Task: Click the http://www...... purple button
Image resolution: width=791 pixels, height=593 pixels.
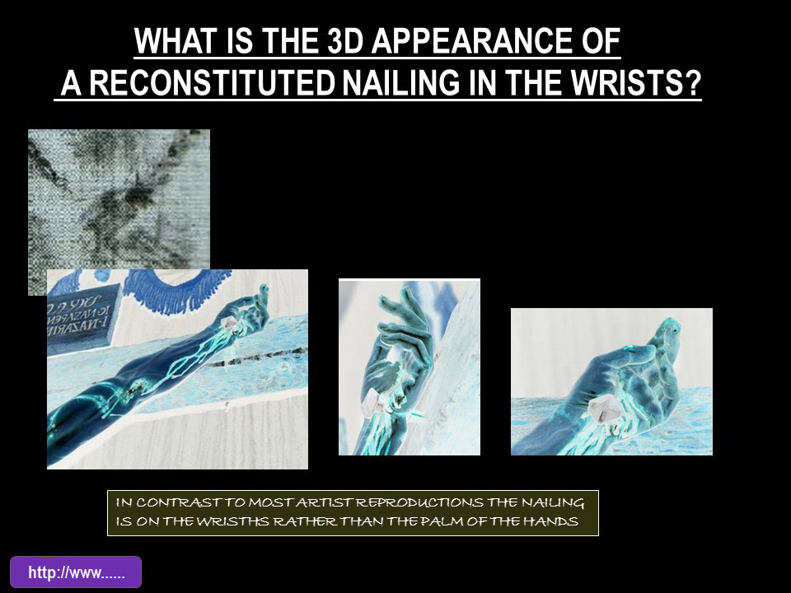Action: click(76, 572)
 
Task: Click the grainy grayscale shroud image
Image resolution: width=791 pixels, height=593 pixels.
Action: click(119, 198)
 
